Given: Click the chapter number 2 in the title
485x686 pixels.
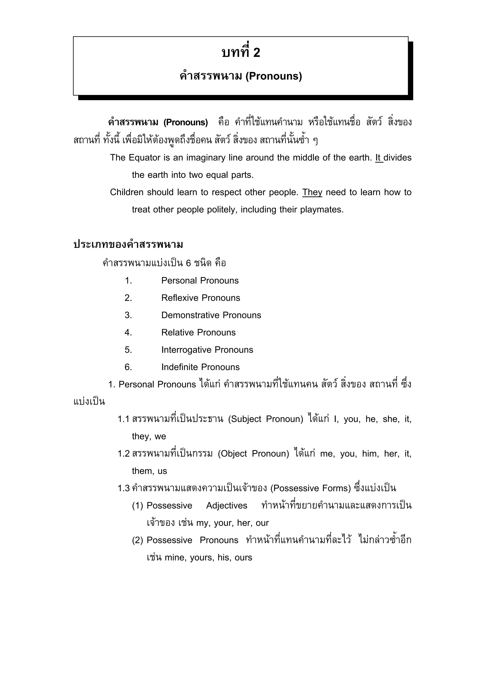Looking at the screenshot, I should (x=256, y=53).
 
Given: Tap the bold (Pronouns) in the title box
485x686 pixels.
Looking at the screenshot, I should (x=274, y=76).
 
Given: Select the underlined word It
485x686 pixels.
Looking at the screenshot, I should (x=379, y=157).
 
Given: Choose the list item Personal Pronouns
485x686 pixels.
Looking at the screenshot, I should (x=200, y=281).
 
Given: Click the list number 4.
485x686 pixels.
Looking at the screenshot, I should (x=128, y=332).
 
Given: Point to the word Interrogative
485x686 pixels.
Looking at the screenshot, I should (x=186, y=350).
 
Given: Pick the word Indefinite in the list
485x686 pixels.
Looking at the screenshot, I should (x=179, y=367).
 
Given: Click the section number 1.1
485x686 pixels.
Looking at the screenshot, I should (x=123, y=419).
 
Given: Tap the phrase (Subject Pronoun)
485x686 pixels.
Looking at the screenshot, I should (x=266, y=419).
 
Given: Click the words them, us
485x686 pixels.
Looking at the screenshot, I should (x=149, y=471).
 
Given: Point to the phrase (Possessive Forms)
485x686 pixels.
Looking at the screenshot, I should (x=310, y=489).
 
